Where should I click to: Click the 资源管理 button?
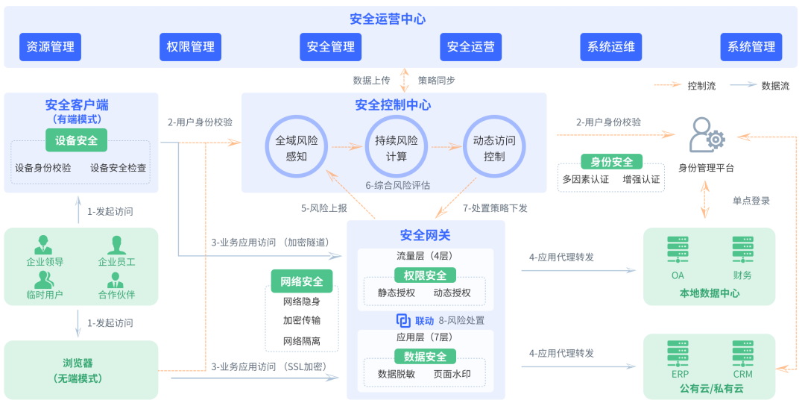[50, 46]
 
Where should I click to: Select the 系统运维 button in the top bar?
[610, 46]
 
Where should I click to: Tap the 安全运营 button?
[470, 46]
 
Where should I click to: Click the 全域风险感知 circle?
[296, 148]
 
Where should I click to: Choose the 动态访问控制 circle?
[494, 148]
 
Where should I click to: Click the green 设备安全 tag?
[77, 140]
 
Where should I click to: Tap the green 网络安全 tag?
[302, 281]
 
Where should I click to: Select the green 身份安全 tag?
[611, 162]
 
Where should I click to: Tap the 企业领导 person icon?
[45, 246]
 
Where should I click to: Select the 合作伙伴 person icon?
[116, 280]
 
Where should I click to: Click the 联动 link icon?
[403, 320]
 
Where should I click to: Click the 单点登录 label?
[751, 201]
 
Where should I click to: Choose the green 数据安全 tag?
[425, 356]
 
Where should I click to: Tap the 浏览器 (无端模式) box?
[82, 370]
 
